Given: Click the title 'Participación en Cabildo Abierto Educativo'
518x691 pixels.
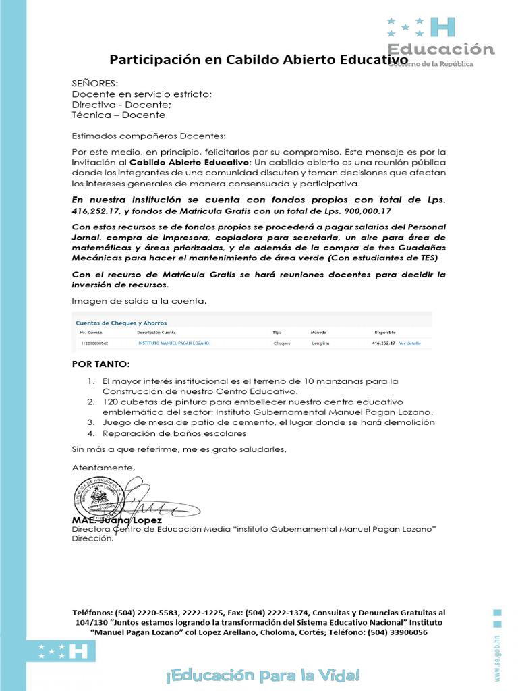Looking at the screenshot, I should pyautogui.click(x=258, y=60).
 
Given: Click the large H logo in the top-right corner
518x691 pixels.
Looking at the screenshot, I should pyautogui.click(x=442, y=27).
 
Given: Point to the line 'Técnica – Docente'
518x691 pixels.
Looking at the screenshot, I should pyautogui.click(x=119, y=115).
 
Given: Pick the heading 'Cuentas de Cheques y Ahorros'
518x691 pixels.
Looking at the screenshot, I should pyautogui.click(x=121, y=323).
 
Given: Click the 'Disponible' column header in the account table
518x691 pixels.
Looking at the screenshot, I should pyautogui.click(x=386, y=333).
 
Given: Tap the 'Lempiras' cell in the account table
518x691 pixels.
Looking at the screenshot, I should pyautogui.click(x=320, y=343).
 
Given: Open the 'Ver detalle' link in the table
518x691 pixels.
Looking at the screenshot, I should pyautogui.click(x=409, y=343).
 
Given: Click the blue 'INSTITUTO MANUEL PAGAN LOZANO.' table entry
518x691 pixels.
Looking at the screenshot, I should pyautogui.click(x=174, y=343).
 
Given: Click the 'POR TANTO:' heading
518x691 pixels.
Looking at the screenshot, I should pyautogui.click(x=100, y=364).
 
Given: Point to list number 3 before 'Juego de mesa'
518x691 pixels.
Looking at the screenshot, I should pyautogui.click(x=90, y=422).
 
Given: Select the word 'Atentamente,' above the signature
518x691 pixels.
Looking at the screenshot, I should pyautogui.click(x=103, y=468).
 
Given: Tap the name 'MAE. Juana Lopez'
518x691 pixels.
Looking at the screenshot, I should pyautogui.click(x=117, y=521).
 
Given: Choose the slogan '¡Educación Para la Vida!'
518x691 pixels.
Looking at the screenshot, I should pyautogui.click(x=260, y=675).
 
